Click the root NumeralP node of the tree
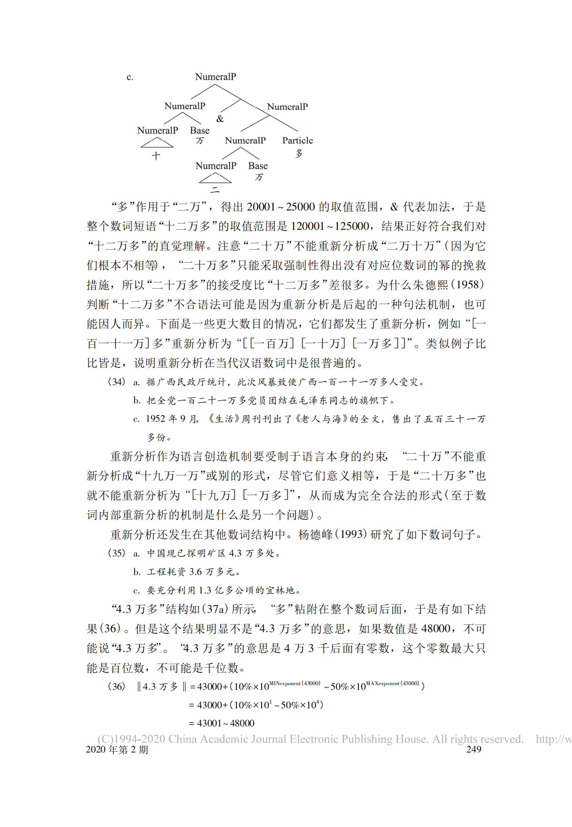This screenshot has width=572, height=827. point(215,77)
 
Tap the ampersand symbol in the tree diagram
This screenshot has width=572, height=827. point(220,119)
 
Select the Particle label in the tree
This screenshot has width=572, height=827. point(297,140)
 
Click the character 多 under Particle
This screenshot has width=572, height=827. point(299,153)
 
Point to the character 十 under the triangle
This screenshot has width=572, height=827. point(156,156)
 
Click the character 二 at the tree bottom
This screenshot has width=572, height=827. point(215,190)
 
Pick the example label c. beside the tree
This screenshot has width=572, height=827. point(130,77)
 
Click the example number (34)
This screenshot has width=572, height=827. point(117,382)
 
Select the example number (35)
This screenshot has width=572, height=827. point(117,553)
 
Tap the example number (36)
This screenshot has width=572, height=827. point(117,686)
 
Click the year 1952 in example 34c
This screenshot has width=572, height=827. point(155,419)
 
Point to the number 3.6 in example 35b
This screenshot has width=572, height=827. point(196,572)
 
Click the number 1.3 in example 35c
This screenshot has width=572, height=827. point(205,590)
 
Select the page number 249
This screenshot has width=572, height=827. point(474,749)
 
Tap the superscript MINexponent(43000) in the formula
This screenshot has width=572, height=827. point(294,683)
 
